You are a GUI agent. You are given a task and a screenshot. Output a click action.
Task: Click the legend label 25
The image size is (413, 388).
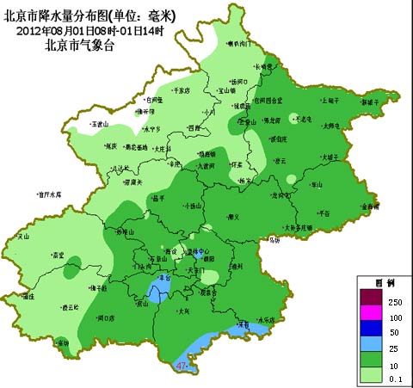tap(395, 345)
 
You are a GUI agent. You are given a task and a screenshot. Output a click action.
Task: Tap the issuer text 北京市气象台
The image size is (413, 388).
tap(75, 48)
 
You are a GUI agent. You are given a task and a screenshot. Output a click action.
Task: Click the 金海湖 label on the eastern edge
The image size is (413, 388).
tap(369, 206)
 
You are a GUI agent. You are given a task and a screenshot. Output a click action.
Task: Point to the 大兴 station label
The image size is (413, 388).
tap(184, 312)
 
